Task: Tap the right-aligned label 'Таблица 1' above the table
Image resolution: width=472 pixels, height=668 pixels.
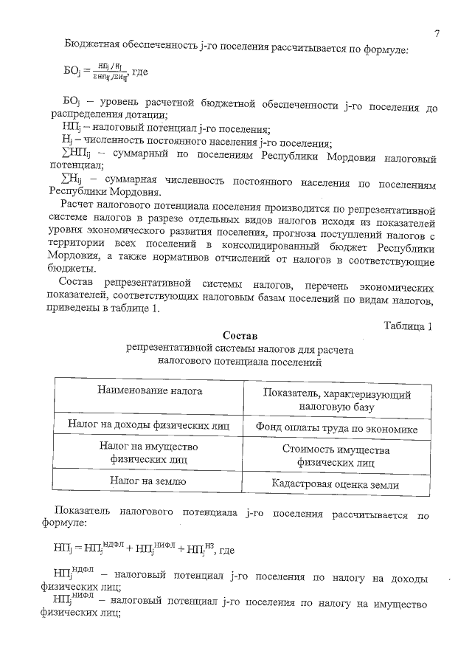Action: (x=408, y=326)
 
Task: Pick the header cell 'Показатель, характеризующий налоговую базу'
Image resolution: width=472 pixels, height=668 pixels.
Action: (x=337, y=400)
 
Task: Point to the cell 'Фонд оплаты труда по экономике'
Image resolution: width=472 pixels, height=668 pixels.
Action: (x=337, y=428)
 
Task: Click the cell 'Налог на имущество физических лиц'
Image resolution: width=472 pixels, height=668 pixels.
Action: (x=148, y=452)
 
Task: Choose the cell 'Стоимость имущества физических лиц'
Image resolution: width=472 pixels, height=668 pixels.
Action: (x=336, y=456)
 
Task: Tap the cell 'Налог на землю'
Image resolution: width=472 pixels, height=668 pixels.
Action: (x=148, y=481)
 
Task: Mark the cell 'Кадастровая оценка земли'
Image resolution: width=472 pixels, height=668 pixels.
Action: (x=336, y=484)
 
